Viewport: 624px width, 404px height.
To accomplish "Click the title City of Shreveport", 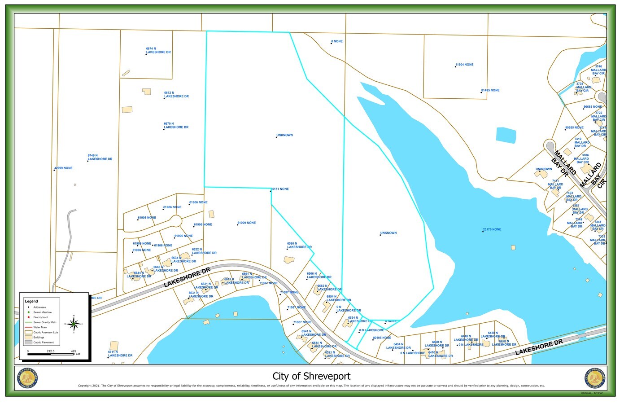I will click(311, 376).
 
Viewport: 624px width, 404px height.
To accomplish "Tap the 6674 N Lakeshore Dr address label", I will click(158, 50).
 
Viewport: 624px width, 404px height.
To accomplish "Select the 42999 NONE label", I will click(63, 168).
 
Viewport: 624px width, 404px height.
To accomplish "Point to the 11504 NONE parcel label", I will click(464, 65).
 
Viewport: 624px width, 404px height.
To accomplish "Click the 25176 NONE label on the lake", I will click(492, 229).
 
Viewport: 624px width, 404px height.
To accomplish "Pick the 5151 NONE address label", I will click(280, 189).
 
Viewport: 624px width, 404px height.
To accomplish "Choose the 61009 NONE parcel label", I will click(247, 223).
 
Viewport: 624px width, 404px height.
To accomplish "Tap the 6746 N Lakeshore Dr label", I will click(100, 158).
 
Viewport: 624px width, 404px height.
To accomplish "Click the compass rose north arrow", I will click(75, 323).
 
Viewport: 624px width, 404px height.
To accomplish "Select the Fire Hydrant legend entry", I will click(40, 317).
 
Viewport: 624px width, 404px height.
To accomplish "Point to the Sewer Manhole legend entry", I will click(42, 312).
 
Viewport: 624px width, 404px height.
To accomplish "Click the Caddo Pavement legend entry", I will click(43, 343).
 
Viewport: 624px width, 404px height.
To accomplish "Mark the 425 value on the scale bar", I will click(73, 351).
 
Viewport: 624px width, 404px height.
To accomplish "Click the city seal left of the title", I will click(28, 378).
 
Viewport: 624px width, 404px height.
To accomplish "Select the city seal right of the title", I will click(595, 378).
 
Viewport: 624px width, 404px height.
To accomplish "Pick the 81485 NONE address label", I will click(490, 90).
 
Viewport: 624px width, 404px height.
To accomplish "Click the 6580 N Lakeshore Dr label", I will click(299, 246).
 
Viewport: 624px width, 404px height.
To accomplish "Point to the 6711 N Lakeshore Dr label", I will click(120, 354).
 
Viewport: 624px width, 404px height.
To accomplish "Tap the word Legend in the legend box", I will click(31, 301).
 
